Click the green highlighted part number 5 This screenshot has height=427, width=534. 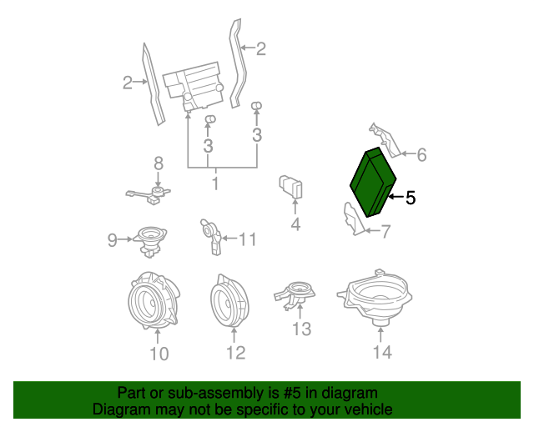pyautogui.click(x=373, y=182)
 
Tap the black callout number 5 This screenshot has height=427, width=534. pyautogui.click(x=411, y=198)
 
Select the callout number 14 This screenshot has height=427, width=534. pyautogui.click(x=382, y=352)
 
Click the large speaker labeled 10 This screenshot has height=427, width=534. pyautogui.click(x=154, y=301)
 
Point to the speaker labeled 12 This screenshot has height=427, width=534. pyautogui.click(x=229, y=300)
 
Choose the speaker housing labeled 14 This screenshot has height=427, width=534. pyautogui.click(x=375, y=297)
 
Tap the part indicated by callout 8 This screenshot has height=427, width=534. pyautogui.click(x=150, y=195)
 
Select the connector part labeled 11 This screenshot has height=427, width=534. pyautogui.click(x=211, y=236)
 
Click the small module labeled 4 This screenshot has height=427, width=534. pyautogui.click(x=290, y=187)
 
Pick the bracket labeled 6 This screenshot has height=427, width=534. pyautogui.click(x=385, y=140)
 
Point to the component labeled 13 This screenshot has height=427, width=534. pyautogui.click(x=295, y=295)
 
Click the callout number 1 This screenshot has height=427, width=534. pyautogui.click(x=215, y=183)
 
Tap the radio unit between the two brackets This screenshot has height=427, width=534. pyautogui.click(x=194, y=87)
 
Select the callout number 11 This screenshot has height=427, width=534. pyautogui.click(x=248, y=239)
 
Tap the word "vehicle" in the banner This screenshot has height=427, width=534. pyautogui.click(x=370, y=409)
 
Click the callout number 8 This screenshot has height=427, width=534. pyautogui.click(x=159, y=163)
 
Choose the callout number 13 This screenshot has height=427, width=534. pyautogui.click(x=302, y=329)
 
